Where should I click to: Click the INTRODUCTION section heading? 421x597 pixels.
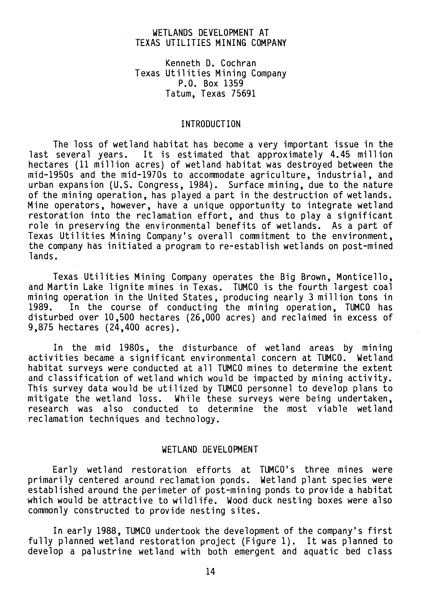click(210, 124)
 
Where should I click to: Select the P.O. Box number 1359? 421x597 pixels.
click(233, 83)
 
